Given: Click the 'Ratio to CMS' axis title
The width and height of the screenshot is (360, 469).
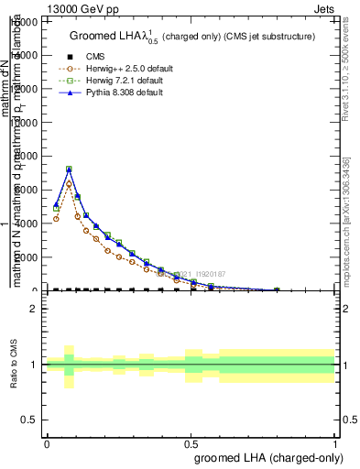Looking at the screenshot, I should click(x=14, y=365).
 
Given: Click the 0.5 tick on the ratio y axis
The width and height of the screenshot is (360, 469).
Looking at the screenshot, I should click(x=30, y=420).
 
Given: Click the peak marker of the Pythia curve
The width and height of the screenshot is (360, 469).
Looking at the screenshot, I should click(x=69, y=169).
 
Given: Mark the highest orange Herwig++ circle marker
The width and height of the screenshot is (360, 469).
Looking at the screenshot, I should click(x=69, y=184).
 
